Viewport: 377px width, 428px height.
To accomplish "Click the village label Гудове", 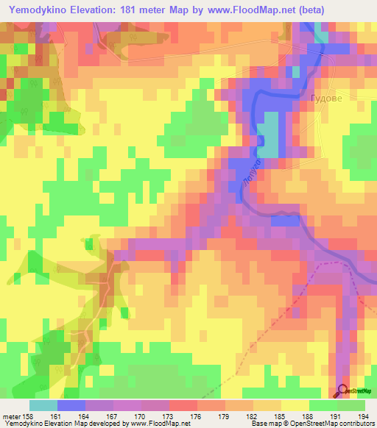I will [x=326, y=98].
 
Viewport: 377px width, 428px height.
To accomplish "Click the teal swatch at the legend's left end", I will [x=43, y=405].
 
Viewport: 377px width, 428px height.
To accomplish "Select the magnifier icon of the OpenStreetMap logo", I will [x=342, y=390].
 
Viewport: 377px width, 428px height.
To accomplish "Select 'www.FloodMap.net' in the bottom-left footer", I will [x=158, y=424].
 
